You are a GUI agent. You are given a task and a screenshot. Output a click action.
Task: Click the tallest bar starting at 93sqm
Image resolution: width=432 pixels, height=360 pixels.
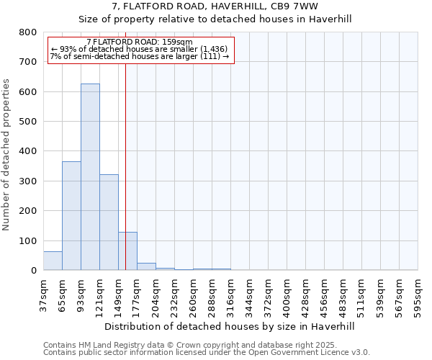click(90, 177)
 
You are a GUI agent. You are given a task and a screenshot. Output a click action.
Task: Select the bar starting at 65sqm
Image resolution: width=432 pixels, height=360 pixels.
click(71, 216)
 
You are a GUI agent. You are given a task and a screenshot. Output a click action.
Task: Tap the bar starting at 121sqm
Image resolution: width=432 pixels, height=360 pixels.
click(109, 222)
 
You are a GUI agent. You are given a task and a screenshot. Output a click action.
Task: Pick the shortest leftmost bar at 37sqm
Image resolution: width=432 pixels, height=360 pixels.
click(53, 261)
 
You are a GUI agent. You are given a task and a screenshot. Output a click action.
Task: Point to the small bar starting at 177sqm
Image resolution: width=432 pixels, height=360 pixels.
click(146, 266)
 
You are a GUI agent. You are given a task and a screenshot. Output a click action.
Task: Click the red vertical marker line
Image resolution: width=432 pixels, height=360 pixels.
click(125, 166)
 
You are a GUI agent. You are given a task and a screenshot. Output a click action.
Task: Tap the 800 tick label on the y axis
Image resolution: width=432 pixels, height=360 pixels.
click(27, 32)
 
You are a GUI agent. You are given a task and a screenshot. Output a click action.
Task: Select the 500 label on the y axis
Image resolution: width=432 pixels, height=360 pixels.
click(27, 122)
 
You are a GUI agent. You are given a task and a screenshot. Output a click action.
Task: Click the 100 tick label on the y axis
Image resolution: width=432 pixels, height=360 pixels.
click(27, 241)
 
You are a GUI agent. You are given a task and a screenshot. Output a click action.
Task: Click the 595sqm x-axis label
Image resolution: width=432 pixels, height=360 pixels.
click(418, 296)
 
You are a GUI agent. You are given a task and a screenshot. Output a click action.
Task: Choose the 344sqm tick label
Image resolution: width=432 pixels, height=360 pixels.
click(249, 296)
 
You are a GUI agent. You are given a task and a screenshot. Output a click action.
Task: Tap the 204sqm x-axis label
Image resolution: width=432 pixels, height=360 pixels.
click(156, 296)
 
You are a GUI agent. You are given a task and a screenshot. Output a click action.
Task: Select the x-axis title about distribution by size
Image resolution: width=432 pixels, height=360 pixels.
click(230, 326)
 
